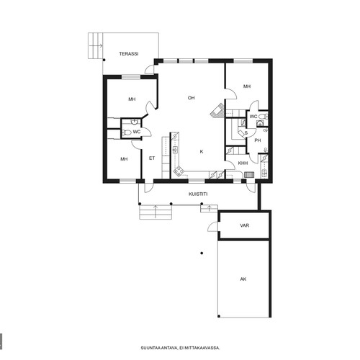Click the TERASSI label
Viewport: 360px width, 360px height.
129,54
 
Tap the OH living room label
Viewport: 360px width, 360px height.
191,98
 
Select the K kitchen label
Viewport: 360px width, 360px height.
202,151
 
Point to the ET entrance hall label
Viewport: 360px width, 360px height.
152,158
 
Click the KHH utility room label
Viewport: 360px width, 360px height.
243,163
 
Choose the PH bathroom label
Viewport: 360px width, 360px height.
258,140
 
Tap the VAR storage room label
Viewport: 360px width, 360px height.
244,225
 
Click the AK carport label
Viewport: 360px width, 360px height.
243,279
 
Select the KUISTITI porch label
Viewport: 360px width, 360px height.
198,194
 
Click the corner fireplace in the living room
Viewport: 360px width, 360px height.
217,111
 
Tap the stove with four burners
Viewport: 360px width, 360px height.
179,171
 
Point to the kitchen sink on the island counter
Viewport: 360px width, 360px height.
175,150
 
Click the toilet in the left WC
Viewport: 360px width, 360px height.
126,132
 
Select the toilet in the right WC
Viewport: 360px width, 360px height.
264,117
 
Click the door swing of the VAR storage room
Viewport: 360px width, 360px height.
212,227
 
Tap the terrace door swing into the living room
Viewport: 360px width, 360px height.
149,70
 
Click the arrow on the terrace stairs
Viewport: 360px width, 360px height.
96,45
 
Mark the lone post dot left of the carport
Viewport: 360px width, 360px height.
202,253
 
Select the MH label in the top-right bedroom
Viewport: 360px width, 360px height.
247,86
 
